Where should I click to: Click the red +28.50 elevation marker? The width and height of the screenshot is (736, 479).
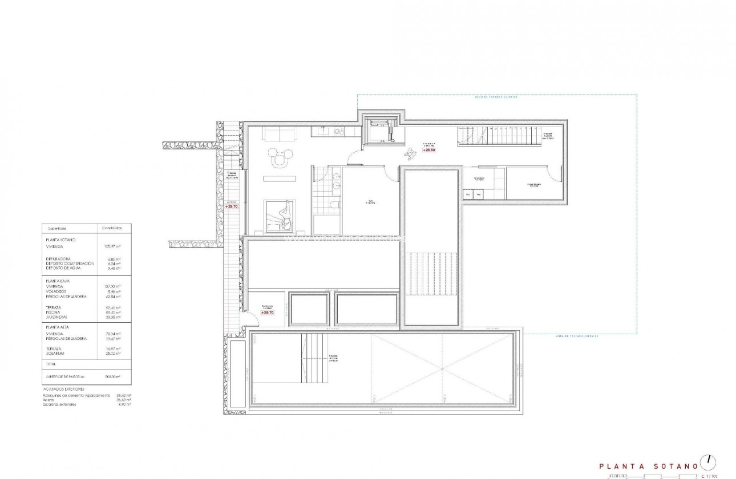[429, 149]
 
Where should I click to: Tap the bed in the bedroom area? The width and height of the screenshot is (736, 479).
[279, 216]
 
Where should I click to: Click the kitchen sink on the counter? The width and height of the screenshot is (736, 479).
[323, 132]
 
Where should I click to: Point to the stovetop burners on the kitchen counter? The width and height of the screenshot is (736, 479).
[339, 132]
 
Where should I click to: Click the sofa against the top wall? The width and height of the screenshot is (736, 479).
[278, 133]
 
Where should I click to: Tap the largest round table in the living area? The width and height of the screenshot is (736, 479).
[280, 161]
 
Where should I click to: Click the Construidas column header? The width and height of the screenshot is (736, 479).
[112, 228]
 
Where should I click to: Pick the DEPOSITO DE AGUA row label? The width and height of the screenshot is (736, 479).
[64, 267]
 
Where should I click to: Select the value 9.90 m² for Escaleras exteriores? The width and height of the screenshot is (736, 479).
[123, 404]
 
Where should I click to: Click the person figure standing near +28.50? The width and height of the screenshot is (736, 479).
[410, 152]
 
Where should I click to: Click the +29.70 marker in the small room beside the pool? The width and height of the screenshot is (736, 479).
[268, 312]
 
